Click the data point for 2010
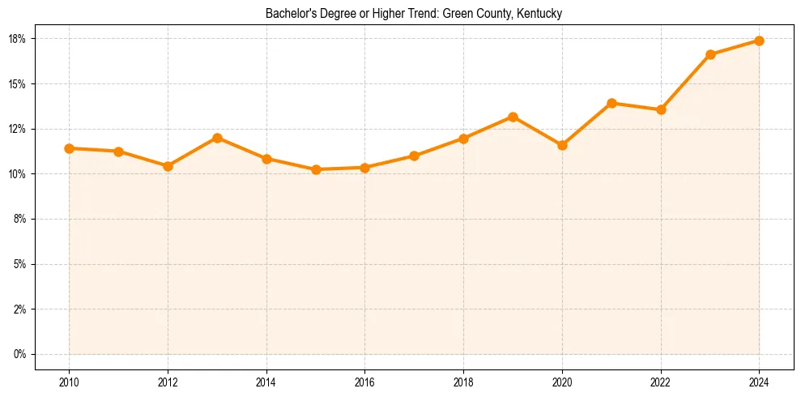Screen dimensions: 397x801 pos(69,148)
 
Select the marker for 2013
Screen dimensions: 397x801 pos(217,138)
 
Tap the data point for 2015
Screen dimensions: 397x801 pos(316,169)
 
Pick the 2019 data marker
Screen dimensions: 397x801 pos(513,117)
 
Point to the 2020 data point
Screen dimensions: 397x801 pos(562,145)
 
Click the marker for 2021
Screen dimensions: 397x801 pos(611,103)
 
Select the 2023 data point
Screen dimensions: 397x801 pos(710,54)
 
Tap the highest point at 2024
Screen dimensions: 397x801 pos(759,41)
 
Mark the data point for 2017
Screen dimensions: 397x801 pos(414,156)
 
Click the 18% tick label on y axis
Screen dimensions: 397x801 pos(19,39)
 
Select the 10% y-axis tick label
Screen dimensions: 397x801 pos(19,174)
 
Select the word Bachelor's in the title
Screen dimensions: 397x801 pos(288,14)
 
